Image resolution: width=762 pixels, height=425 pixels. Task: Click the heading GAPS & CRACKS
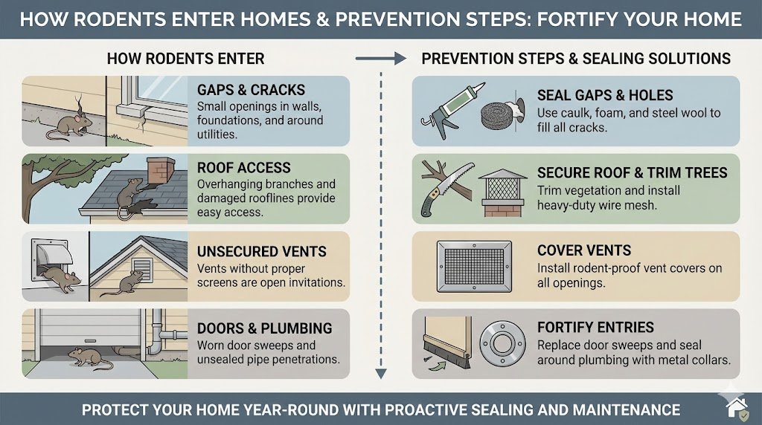[x=251, y=90]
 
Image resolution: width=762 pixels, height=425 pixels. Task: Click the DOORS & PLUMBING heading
[x=264, y=328]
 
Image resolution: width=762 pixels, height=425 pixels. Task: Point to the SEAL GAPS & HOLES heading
[x=605, y=96]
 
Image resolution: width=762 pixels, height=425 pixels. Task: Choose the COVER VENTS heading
[x=584, y=251]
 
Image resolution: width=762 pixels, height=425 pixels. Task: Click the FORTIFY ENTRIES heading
[x=595, y=328]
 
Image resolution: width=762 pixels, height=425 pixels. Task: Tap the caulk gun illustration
[x=446, y=111]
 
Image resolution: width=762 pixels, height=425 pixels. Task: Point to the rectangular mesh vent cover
[x=475, y=265]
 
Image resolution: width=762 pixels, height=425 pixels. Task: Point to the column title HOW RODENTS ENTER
[x=185, y=58]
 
